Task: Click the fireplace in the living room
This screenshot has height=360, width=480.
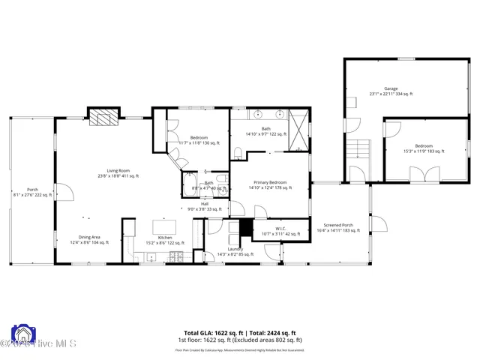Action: coord(104,117)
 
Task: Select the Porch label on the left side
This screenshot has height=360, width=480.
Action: coord(32,190)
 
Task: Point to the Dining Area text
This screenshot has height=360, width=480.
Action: coord(89,238)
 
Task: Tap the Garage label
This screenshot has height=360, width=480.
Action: coord(391,88)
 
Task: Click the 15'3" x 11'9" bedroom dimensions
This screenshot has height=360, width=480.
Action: coord(424,151)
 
